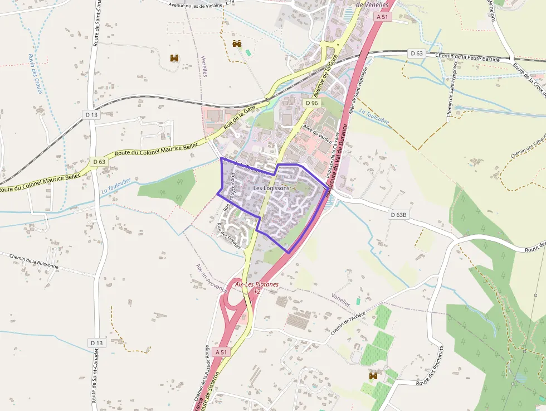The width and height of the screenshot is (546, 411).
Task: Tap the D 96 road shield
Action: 312,103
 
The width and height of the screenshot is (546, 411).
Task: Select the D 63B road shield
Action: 399,215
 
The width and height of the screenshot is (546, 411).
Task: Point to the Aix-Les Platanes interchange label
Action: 257,284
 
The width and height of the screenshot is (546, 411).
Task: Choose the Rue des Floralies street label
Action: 228,235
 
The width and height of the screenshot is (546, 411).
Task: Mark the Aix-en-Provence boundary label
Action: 212,278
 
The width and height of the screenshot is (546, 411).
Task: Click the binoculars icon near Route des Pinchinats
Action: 373,376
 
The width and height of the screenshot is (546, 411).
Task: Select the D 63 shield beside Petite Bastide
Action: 416,54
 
